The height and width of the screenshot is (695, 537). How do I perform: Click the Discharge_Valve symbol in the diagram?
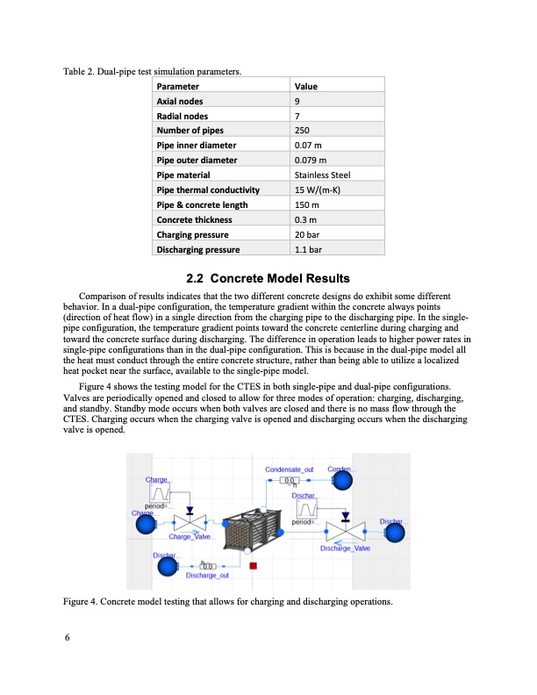coord(345,530)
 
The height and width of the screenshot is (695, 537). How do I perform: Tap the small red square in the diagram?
coord(254,566)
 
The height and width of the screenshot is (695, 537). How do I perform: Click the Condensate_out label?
coord(289,470)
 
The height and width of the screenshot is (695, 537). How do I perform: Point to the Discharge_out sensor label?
coord(209,576)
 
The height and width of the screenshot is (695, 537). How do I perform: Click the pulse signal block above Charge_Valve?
coord(161,496)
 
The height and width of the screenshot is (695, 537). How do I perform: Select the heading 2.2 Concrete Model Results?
coord(268,279)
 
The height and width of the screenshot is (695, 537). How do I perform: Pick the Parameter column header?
coord(177,87)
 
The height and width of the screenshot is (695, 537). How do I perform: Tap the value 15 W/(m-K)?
coord(317,190)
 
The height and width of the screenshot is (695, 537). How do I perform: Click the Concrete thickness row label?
coord(194,219)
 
